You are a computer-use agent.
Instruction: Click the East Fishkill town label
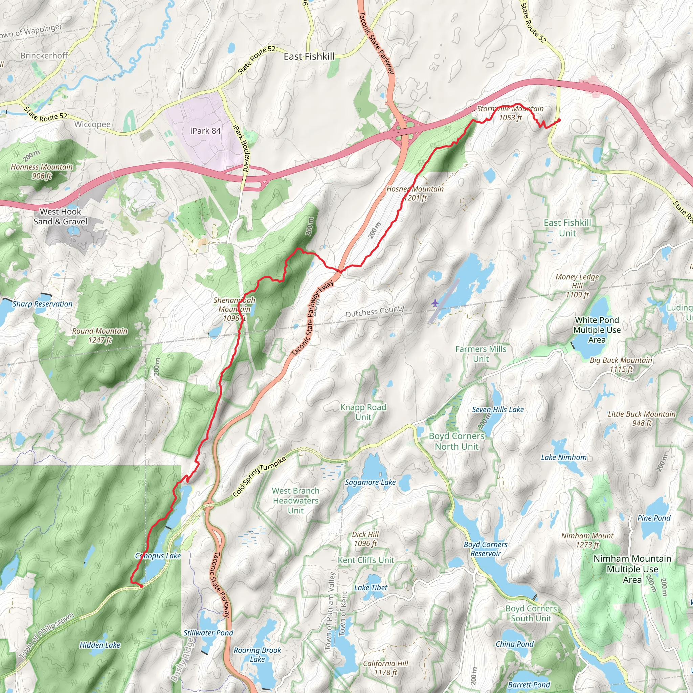click(x=309, y=56)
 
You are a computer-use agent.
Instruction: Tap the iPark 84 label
click(x=205, y=131)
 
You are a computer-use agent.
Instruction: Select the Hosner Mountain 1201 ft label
click(x=415, y=193)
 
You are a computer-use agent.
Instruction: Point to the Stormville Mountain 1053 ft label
click(x=510, y=113)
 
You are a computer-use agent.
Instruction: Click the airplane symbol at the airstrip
click(x=435, y=303)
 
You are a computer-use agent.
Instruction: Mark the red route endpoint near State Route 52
click(x=559, y=120)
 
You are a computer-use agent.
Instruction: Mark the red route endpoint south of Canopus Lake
click(x=141, y=586)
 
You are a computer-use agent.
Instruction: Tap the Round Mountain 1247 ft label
click(x=100, y=335)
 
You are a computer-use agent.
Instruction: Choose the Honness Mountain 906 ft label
click(x=42, y=171)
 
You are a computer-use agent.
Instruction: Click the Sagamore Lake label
click(x=370, y=483)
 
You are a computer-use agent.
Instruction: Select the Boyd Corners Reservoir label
click(x=485, y=549)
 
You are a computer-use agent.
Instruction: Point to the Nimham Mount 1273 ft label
click(x=587, y=540)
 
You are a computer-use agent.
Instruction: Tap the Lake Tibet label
click(x=371, y=587)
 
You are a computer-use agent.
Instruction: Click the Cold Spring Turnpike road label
click(x=259, y=477)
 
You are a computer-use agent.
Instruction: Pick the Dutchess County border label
click(x=375, y=311)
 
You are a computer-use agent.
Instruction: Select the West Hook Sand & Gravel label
click(x=60, y=216)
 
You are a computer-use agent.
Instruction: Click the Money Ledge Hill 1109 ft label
click(x=577, y=286)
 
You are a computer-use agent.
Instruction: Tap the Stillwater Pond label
click(x=208, y=633)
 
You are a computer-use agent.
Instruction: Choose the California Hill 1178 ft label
click(x=386, y=668)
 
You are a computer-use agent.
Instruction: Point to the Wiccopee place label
click(x=92, y=124)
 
